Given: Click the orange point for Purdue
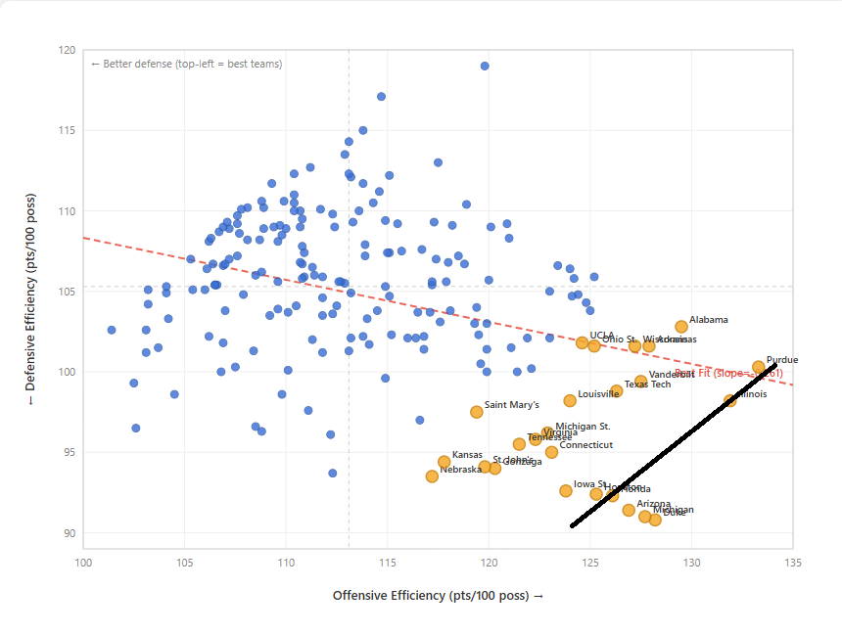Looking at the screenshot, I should click(x=759, y=367).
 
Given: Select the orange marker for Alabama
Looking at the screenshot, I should click(x=681, y=327).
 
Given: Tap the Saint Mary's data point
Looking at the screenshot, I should click(x=477, y=412).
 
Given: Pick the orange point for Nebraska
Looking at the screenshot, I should click(x=432, y=476).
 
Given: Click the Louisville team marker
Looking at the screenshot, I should click(x=570, y=400).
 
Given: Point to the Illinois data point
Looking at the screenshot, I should click(x=730, y=400).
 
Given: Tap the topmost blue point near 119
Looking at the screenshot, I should click(x=485, y=67).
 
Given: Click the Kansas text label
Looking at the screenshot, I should click(x=466, y=455).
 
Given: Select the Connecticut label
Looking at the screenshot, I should click(x=585, y=445).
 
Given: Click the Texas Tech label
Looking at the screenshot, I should click(x=647, y=385).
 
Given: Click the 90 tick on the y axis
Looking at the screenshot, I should click(x=69, y=533).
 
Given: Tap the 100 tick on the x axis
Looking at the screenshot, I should click(x=83, y=563).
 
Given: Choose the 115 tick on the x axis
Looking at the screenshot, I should click(x=388, y=563).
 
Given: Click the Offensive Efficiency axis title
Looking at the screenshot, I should click(x=438, y=596).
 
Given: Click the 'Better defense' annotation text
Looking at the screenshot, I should click(x=186, y=65).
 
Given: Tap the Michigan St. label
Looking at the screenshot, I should click(x=583, y=427).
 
